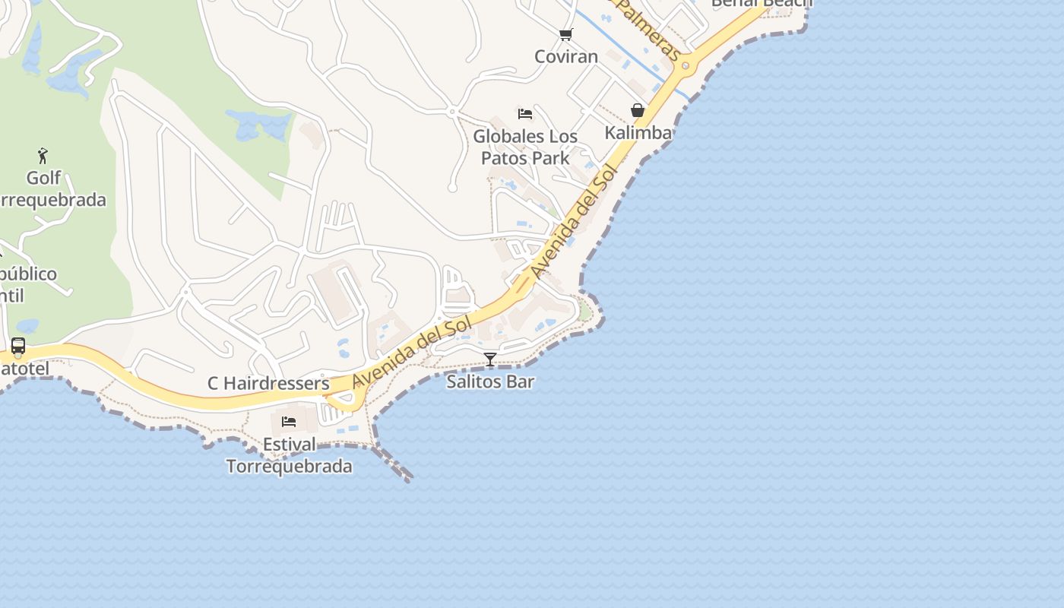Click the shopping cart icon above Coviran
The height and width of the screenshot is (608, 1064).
tap(565, 34)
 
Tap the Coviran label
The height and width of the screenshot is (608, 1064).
tap(566, 56)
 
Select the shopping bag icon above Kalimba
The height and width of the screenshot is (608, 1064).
tap(638, 111)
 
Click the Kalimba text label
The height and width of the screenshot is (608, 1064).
tap(638, 133)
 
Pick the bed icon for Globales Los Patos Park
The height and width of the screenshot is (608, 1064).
tap(525, 114)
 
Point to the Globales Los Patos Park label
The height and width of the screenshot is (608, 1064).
tap(525, 147)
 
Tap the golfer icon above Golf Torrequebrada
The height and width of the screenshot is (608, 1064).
tap(43, 157)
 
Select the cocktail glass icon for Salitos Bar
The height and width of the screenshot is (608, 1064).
tap(490, 359)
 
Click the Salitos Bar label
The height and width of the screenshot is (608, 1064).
tap(490, 382)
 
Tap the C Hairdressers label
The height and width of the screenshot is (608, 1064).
tap(268, 384)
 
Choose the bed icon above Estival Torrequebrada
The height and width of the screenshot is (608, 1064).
tap(289, 422)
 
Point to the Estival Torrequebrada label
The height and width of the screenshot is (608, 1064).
tap(290, 455)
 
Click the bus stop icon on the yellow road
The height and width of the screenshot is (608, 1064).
tap(18, 347)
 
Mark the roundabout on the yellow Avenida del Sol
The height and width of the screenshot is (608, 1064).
tap(686, 66)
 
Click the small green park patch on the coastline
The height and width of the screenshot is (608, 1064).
tap(584, 311)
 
